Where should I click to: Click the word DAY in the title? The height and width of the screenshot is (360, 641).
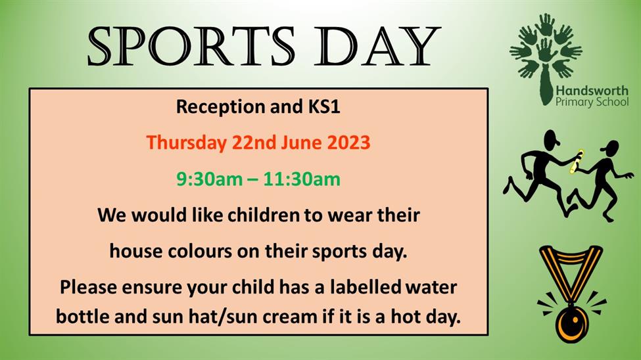tap(377, 47)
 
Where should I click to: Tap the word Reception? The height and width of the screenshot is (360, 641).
tap(220, 107)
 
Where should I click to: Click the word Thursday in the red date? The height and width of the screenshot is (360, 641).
tap(187, 143)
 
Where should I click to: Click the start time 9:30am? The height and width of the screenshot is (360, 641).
tap(209, 179)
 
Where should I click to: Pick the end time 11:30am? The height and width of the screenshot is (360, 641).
tap(301, 179)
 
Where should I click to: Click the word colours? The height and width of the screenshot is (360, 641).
tap(199, 251)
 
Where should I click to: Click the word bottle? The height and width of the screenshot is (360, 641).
tap(82, 316)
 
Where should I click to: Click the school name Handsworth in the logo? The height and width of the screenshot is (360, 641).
tap(592, 91)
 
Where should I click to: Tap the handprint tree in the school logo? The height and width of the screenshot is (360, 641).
tap(545, 57)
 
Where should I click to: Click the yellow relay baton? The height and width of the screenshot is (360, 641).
tap(577, 162)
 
